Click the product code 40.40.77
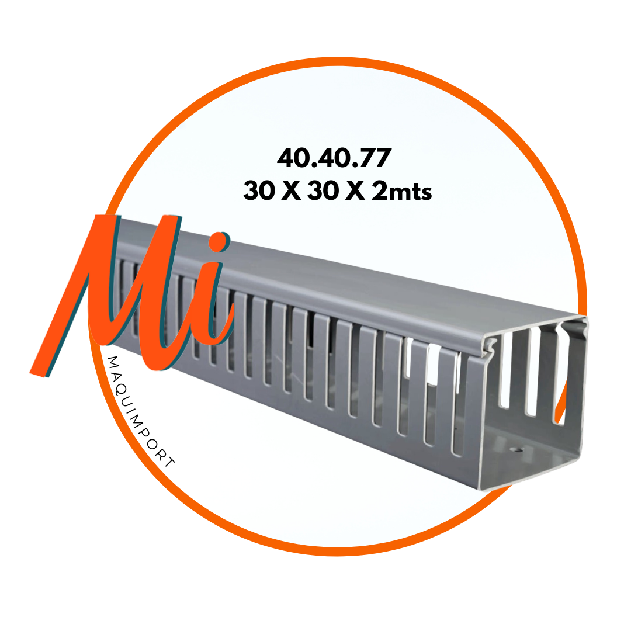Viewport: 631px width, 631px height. (x=334, y=158)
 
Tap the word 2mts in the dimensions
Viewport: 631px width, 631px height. (x=401, y=190)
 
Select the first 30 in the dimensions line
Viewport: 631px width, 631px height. (x=259, y=190)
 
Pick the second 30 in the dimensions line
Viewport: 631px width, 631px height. (x=323, y=190)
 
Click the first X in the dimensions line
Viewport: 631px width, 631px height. (x=291, y=190)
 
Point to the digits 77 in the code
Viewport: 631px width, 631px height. (x=375, y=158)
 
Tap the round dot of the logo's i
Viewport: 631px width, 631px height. (x=219, y=242)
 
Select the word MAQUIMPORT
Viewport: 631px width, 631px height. (x=141, y=412)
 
